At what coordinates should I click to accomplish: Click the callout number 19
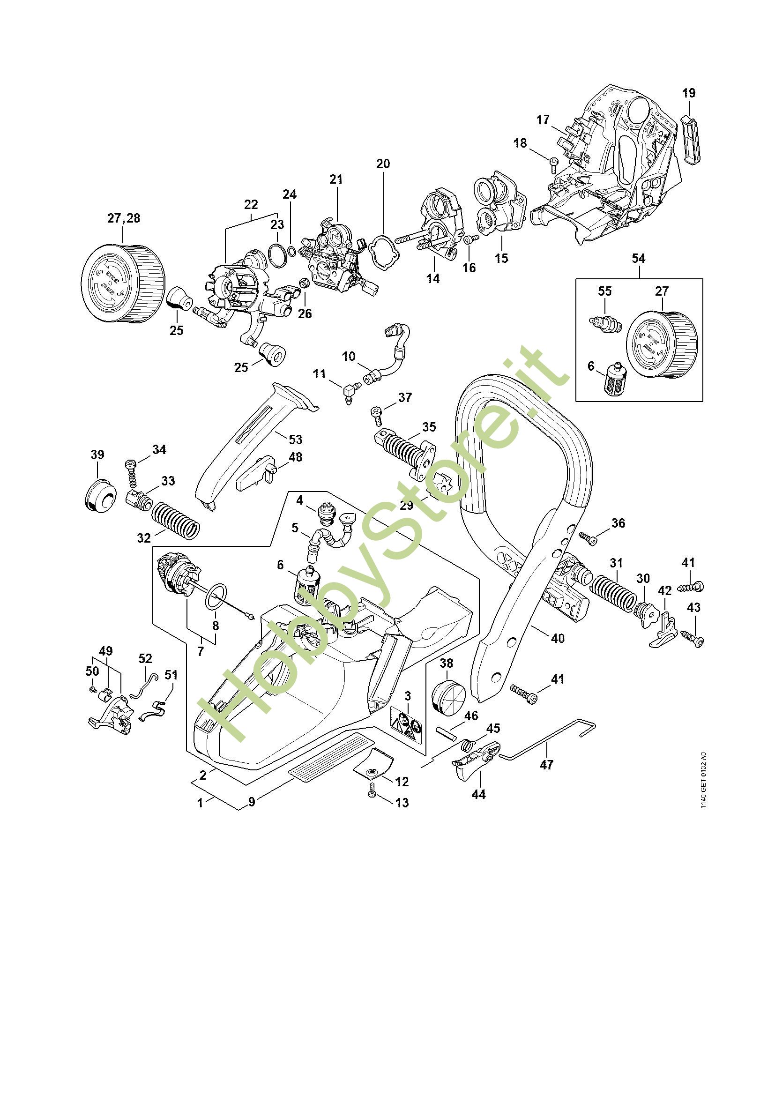point(689,93)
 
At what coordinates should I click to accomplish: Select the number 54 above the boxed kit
point(638,258)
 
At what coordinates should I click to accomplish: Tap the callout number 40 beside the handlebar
point(558,638)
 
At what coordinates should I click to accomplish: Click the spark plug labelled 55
point(605,326)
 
